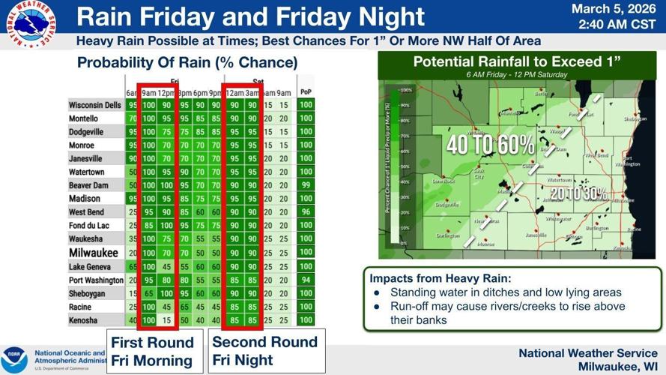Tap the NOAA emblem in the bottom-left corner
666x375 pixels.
(14, 356)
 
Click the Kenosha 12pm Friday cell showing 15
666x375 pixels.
(166, 320)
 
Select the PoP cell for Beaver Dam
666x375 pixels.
(305, 184)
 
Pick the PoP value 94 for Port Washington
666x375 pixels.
(305, 280)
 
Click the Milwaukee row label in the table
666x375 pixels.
(94, 253)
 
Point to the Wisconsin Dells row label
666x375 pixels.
(95, 105)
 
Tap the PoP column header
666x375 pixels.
(305, 92)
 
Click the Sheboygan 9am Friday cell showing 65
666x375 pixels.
(148, 293)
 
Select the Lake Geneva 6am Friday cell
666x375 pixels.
(132, 266)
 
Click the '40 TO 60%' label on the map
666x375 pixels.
(490, 145)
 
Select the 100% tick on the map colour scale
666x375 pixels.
(406, 90)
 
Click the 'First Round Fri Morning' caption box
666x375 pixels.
(152, 351)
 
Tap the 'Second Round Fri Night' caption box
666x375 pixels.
(265, 351)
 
